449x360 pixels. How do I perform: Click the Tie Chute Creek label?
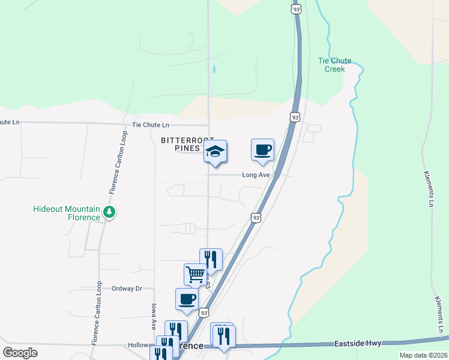[x=334, y=65]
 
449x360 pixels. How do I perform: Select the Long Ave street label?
[x=257, y=175]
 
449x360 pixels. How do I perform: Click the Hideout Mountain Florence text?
[x=67, y=213]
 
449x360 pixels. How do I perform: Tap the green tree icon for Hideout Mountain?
[x=109, y=212]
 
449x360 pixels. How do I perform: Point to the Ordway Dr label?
[x=127, y=289]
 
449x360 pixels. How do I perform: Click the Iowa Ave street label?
[x=154, y=316]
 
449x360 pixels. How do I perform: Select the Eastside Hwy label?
[x=358, y=344]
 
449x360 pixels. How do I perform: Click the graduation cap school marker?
[x=215, y=151]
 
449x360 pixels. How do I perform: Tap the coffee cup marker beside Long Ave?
[x=262, y=150]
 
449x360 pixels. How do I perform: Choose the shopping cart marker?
[x=195, y=274]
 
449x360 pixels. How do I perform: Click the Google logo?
[x=20, y=353]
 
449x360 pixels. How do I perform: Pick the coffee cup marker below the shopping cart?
[x=187, y=299]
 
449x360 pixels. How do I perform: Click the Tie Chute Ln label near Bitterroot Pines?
[x=151, y=125]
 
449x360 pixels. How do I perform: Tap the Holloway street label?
[x=142, y=346]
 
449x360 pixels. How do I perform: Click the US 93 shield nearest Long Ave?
[x=256, y=217]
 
